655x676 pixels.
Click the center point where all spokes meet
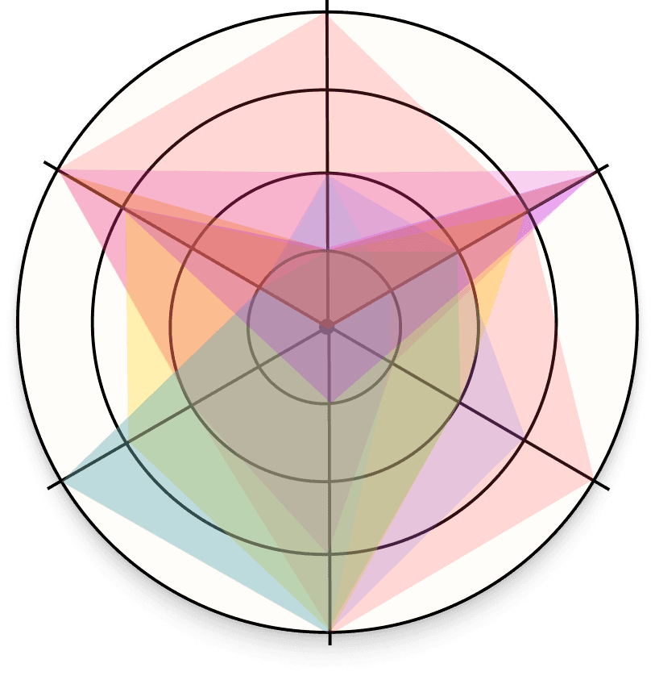(x=327, y=326)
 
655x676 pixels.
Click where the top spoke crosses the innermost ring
(x=327, y=249)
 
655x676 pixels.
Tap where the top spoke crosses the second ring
(x=327, y=172)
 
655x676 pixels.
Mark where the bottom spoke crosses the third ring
(x=329, y=555)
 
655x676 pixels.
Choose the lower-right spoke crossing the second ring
(x=460, y=403)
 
